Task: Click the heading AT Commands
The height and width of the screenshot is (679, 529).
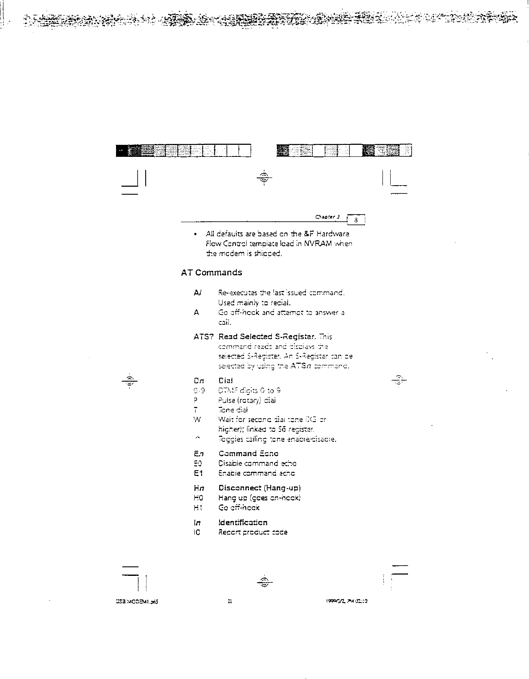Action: click(x=211, y=272)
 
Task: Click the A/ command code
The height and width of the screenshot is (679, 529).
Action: click(x=197, y=293)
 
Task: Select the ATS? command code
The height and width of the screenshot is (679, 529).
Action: click(x=204, y=336)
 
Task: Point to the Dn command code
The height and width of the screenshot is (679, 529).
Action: click(x=199, y=380)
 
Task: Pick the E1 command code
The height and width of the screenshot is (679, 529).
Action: click(x=198, y=473)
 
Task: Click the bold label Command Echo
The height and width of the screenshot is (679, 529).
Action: click(x=248, y=453)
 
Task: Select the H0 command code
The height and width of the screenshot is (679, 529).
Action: click(x=198, y=498)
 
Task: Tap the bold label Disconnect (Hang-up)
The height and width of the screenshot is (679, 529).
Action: click(x=260, y=488)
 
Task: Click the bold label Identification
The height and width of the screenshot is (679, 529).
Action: click(x=243, y=522)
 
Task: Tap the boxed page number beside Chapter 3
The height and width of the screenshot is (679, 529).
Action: click(x=356, y=220)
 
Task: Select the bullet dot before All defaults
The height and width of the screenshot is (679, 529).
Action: click(x=196, y=235)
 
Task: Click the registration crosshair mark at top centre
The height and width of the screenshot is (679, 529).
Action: click(x=264, y=177)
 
